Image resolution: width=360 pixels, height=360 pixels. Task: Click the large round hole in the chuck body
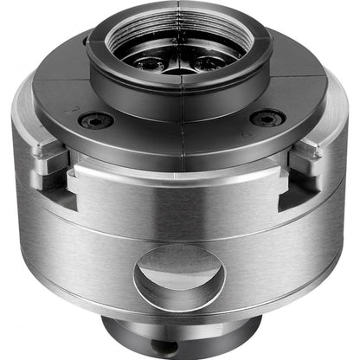pos(179,275)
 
